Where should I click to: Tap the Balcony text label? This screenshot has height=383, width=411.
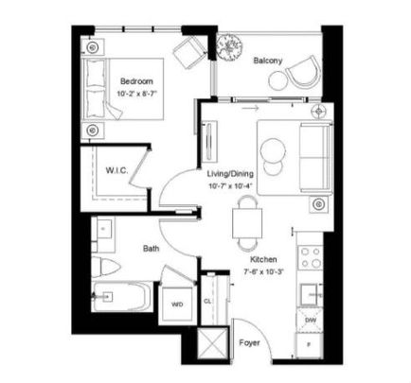coord(268,61)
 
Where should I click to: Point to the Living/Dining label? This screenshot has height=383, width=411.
coord(230,174)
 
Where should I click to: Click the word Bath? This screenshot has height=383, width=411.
coord(151,250)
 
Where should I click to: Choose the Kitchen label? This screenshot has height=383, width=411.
coord(263,258)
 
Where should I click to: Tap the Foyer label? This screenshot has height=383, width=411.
coord(249,343)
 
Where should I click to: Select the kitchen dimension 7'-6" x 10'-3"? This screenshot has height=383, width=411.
coord(263,270)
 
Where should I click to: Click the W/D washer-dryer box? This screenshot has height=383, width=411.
coord(176,305)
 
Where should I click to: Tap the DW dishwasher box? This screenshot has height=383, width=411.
coord(310,321)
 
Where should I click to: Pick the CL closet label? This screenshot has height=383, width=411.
coord(207,301)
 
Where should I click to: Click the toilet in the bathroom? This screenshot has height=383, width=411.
coord(104,264)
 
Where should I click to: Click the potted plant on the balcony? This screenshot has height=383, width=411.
coord(230,44)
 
